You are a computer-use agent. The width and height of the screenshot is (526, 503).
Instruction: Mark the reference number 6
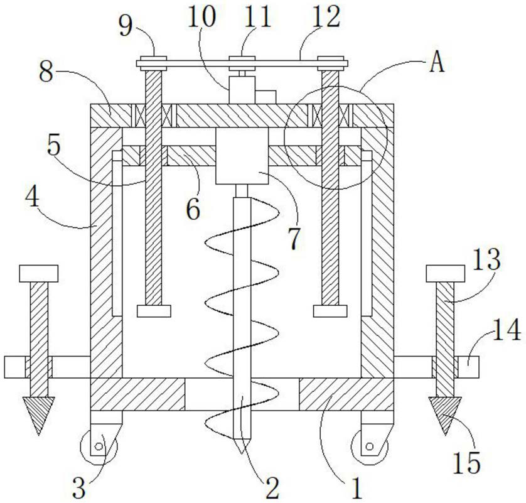point(193,209)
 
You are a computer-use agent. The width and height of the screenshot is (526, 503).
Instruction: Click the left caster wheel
point(97,447)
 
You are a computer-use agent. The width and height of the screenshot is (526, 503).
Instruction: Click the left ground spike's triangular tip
point(38,414)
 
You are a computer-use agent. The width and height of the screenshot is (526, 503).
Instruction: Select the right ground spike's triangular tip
point(447,414)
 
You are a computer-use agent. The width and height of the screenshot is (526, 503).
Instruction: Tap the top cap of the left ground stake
point(38,273)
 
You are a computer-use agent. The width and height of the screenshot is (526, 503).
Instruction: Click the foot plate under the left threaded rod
point(154,311)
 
